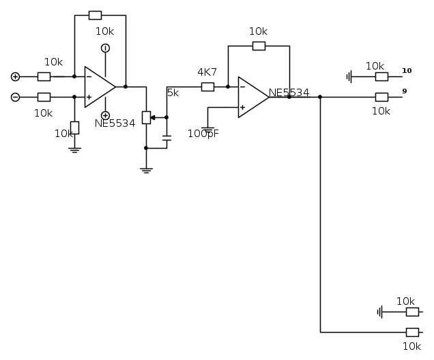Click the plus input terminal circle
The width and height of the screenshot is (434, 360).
tap(15, 76)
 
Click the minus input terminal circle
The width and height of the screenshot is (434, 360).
tap(15, 97)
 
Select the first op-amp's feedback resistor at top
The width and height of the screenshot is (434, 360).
tap(95, 15)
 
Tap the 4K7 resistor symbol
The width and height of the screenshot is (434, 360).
tap(207, 87)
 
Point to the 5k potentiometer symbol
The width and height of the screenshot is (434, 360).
tap(145, 117)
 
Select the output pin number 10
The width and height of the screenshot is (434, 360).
tap(407, 70)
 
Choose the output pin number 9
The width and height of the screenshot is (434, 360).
tap(405, 91)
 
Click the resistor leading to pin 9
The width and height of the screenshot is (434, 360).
tap(382, 97)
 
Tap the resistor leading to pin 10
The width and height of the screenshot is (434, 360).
tap(382, 76)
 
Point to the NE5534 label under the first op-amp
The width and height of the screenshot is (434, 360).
tap(115, 123)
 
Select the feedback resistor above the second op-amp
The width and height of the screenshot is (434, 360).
tap(259, 46)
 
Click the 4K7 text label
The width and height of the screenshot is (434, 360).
tap(207, 72)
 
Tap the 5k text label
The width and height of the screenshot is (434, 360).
tap(173, 93)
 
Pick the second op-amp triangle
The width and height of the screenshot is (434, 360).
tap(252, 97)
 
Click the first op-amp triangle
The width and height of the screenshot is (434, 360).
tap(98, 87)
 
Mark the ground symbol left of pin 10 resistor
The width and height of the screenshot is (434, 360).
tap(350, 76)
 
